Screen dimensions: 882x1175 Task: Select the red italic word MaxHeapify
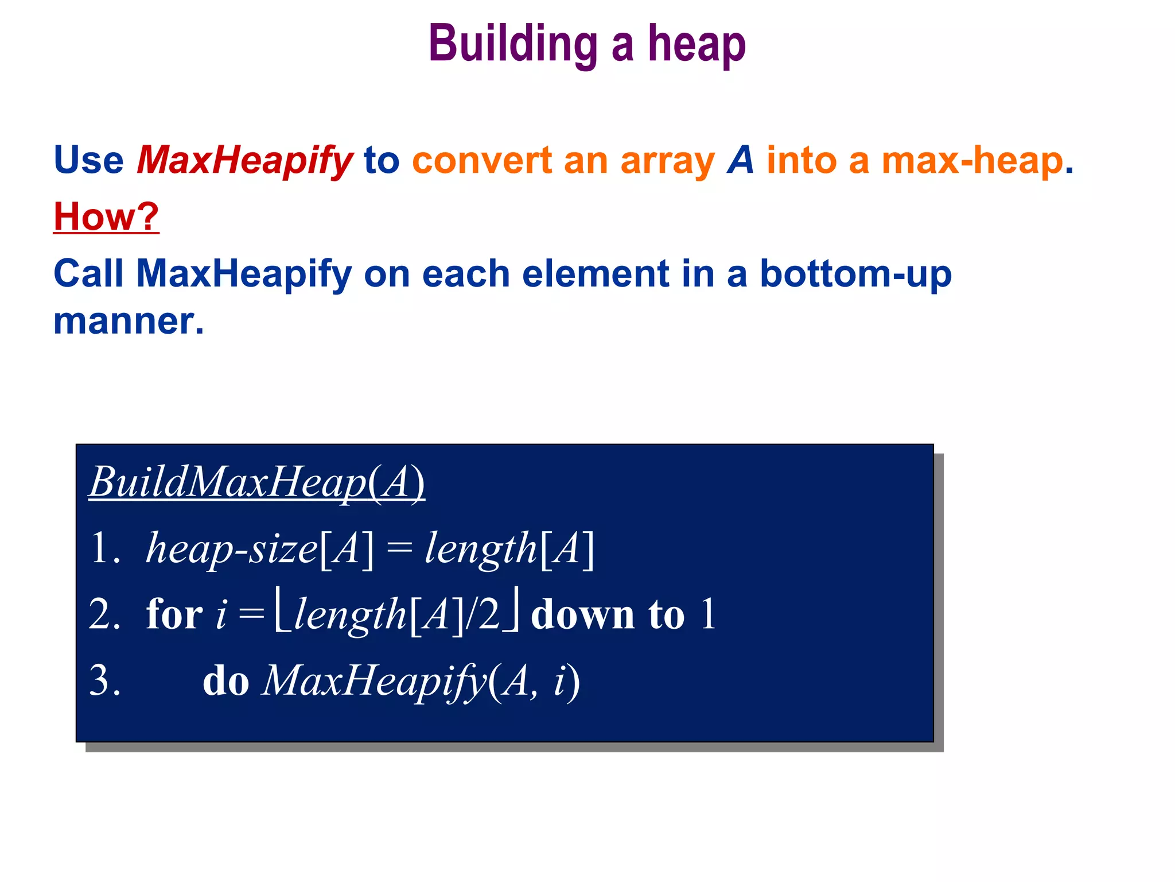244,160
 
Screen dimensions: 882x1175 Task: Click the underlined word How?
106,217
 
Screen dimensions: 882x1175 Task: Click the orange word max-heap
972,160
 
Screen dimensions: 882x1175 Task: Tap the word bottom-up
855,274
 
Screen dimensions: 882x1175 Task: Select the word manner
128,321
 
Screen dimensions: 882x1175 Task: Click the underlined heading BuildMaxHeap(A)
256,482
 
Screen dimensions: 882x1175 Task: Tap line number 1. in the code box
105,548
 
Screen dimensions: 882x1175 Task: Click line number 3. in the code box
105,681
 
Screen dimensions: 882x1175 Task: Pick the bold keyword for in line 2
174,614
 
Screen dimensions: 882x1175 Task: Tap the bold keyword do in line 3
225,681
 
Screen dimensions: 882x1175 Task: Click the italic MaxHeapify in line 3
374,681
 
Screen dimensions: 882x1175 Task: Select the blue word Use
88,160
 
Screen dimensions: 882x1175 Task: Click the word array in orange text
668,161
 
